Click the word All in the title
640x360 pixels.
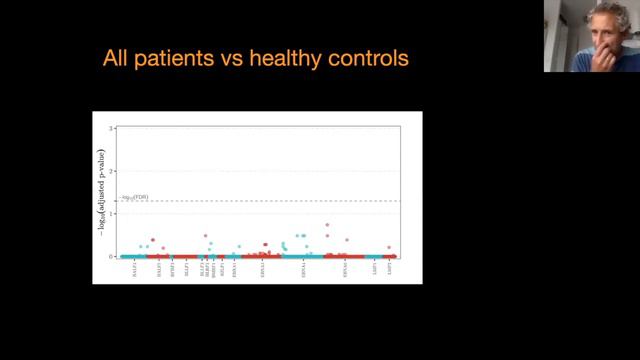pyautogui.click(x=116, y=59)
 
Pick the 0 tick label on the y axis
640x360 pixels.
pyautogui.click(x=113, y=256)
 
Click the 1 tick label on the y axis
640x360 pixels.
pyautogui.click(x=113, y=213)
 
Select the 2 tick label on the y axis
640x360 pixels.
pyautogui.click(x=113, y=171)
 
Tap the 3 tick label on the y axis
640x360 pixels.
pyautogui.click(x=113, y=128)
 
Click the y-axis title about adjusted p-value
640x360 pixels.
pyautogui.click(x=102, y=192)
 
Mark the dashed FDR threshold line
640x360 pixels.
pyautogui.click(x=260, y=201)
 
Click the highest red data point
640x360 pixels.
pyautogui.click(x=327, y=225)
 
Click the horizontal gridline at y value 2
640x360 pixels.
pyautogui.click(x=260, y=171)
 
